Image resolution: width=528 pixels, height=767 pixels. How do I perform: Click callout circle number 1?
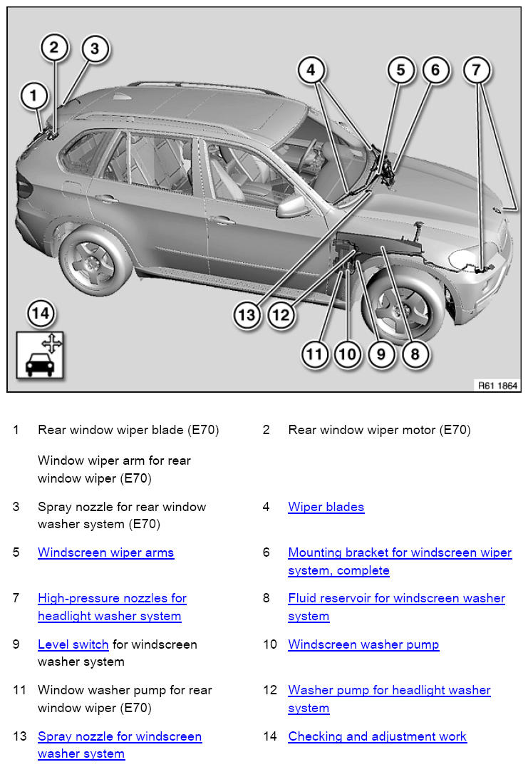[x=33, y=96]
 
